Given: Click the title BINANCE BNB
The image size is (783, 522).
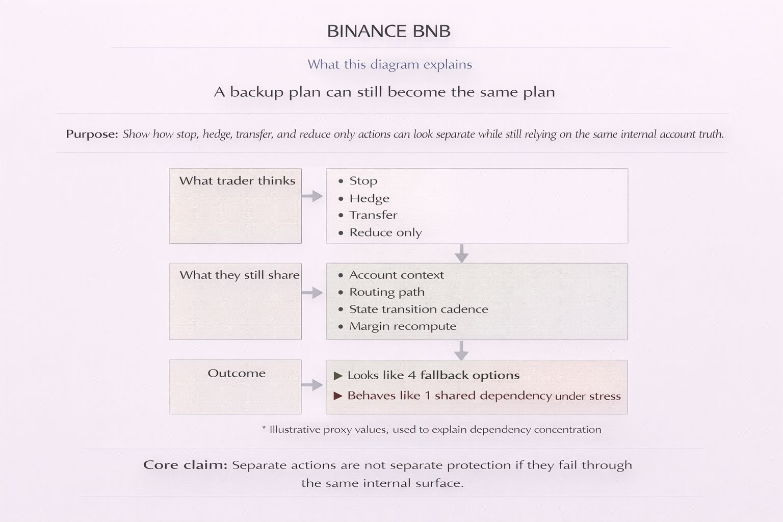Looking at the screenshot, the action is [389, 31].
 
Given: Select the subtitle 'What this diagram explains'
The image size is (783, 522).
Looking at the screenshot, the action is [389, 65].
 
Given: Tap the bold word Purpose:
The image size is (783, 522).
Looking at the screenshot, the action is [92, 135].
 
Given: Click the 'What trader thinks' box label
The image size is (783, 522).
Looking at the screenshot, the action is [237, 181].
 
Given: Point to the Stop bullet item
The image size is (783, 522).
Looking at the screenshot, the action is [363, 181].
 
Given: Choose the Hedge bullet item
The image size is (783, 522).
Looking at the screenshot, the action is [369, 198].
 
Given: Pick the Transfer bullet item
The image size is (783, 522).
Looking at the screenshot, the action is [373, 215].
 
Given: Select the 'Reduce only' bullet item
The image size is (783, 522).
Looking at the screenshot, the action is [385, 232].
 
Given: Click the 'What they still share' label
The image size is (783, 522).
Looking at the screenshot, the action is [239, 275].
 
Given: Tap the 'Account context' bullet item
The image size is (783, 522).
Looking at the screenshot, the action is [396, 275].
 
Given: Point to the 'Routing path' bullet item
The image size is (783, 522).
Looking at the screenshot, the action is [386, 292].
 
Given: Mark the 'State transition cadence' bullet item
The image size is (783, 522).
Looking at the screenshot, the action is [418, 309].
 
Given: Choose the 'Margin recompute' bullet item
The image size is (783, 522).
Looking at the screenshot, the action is [402, 326].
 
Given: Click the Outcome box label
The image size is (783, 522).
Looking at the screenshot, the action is [237, 373].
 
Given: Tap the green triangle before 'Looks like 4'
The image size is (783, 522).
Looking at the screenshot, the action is [338, 376].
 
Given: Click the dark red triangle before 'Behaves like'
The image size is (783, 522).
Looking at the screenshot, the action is [338, 396].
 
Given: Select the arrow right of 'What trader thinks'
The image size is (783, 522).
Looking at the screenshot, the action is [312, 196].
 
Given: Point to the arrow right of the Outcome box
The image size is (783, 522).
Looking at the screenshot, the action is [312, 385].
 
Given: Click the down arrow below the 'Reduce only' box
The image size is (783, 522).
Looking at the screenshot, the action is [461, 253].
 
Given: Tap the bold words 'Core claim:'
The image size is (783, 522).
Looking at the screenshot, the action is [185, 465].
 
